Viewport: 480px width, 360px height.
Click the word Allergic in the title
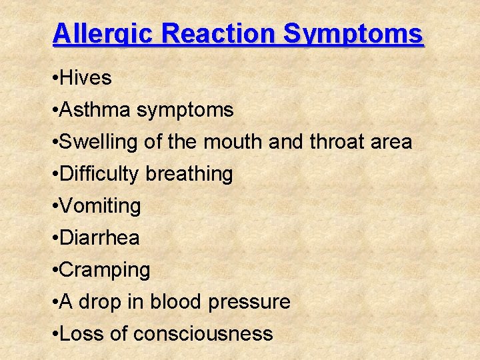tap(98, 34)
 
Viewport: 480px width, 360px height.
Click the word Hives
tap(85, 78)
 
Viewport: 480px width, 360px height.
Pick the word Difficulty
tap(99, 175)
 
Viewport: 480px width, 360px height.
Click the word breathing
tap(189, 175)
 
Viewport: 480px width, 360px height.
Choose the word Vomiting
tap(100, 207)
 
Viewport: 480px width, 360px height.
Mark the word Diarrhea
tap(99, 238)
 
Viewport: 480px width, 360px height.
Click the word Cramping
tap(105, 271)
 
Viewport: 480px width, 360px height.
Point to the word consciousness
tap(203, 334)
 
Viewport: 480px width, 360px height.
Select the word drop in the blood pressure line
tap(99, 303)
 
